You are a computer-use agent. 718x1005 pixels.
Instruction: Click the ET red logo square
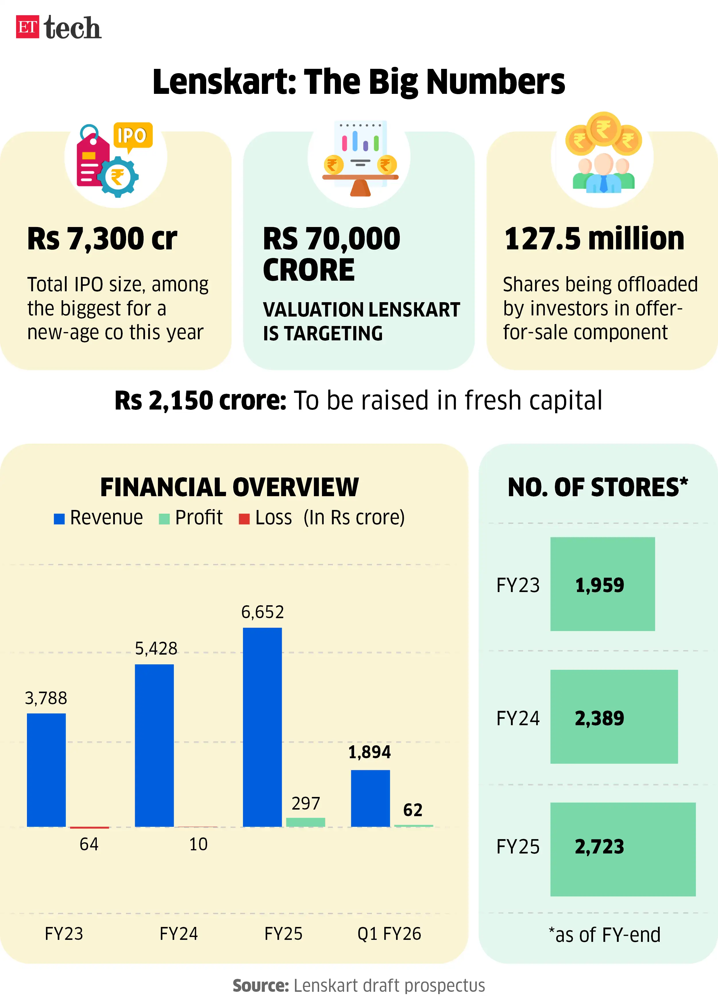point(27,27)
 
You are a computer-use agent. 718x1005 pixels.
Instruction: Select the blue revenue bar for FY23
point(47,770)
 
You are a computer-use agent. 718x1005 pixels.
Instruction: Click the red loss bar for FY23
point(89,827)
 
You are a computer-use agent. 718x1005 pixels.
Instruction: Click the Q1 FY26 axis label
point(389,934)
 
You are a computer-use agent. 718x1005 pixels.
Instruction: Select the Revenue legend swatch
point(59,519)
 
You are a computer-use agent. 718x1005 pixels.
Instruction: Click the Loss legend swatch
point(244,519)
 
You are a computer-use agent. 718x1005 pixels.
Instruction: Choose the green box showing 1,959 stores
point(602,584)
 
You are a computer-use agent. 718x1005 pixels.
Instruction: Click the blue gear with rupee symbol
point(117,177)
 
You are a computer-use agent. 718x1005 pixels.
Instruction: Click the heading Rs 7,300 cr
point(102,239)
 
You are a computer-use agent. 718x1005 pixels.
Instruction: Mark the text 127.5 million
point(594,239)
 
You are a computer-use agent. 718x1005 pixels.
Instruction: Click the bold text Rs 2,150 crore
point(200,401)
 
